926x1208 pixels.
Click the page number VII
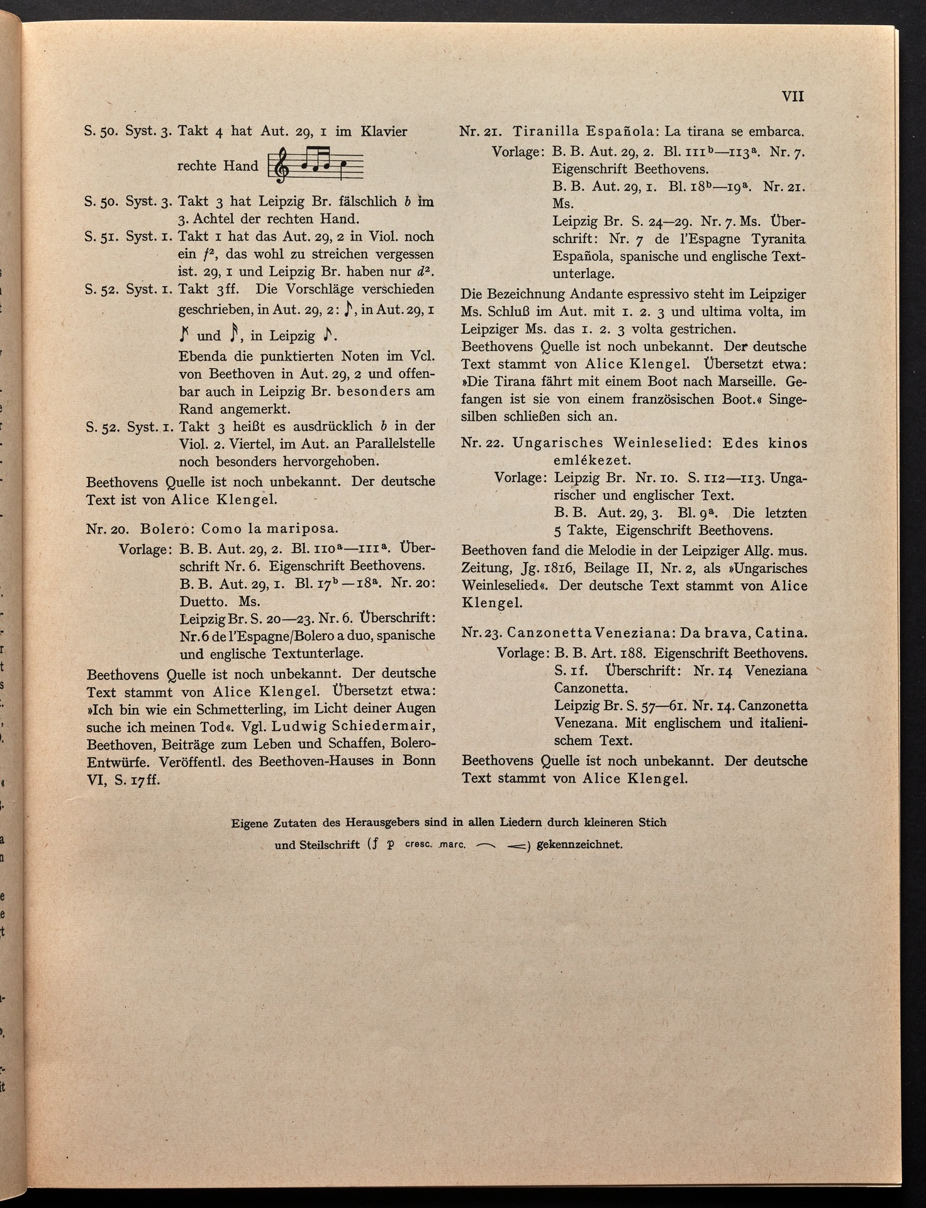click(x=792, y=97)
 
